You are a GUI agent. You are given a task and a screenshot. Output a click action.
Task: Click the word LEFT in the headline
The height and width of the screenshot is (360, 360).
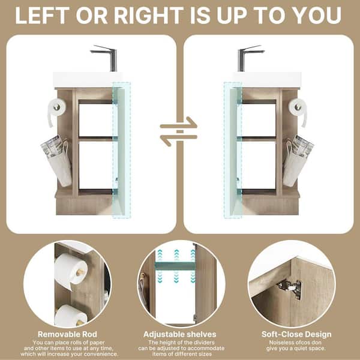coord(42,16)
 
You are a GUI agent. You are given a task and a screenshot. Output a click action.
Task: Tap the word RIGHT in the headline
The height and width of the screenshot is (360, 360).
coord(149,16)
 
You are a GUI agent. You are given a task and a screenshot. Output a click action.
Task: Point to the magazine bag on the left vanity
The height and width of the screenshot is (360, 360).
coord(56,161)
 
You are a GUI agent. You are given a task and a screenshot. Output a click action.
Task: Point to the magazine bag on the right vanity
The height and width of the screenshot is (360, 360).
coord(298,161)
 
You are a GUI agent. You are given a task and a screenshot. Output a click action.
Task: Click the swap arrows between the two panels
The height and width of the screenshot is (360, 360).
coord(179,131)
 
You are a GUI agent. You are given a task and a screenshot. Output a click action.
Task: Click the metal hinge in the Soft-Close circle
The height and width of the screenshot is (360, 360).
coord(290,289)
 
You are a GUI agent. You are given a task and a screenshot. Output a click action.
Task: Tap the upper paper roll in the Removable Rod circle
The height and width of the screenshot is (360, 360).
coord(71,271)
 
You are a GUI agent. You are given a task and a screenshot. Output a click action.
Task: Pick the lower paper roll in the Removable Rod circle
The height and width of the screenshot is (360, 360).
coord(71,316)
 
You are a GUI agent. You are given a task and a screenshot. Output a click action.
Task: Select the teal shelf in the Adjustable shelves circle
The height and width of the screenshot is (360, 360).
coord(175,266)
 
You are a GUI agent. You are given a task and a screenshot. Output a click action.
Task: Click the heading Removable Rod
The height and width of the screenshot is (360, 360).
coord(67,334)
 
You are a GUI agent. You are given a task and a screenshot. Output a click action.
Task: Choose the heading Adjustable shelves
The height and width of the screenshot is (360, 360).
coord(180,334)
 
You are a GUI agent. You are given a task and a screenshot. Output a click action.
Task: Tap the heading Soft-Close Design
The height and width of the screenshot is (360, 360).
coord(296,334)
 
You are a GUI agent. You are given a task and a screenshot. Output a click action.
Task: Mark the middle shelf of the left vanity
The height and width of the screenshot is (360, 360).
coord(96,139)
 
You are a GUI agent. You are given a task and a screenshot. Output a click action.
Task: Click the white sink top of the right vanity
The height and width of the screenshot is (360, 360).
coord(268,80)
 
